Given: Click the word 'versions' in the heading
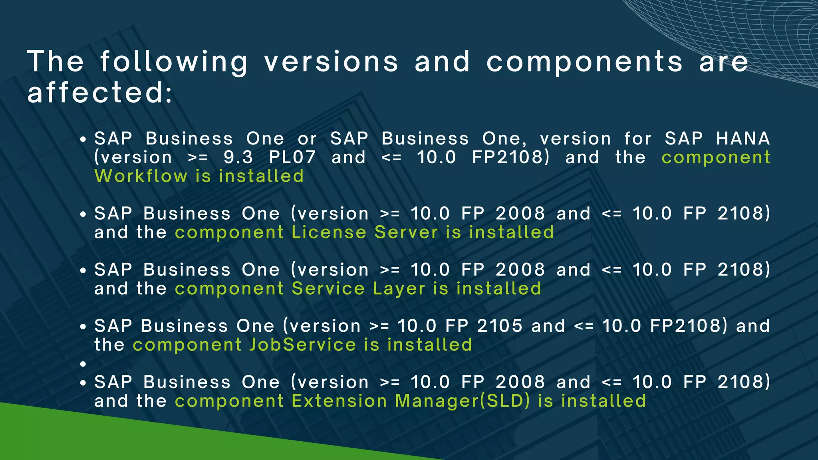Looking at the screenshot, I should pyautogui.click(x=331, y=62).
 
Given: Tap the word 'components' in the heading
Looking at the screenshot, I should pyautogui.click(x=584, y=63).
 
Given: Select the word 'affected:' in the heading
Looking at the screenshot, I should pyautogui.click(x=100, y=93).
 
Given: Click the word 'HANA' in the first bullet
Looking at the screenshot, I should pyautogui.click(x=743, y=139).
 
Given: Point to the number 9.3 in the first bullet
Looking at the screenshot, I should pyautogui.click(x=238, y=157).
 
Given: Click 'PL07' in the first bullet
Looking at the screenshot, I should pyautogui.click(x=292, y=157).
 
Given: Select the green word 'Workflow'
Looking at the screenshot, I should pyautogui.click(x=141, y=176).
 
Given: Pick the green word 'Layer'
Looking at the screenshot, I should pyautogui.click(x=399, y=289).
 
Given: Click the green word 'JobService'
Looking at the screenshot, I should pyautogui.click(x=302, y=345).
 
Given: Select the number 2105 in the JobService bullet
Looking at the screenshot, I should pyautogui.click(x=500, y=326).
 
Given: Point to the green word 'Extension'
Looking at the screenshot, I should pyautogui.click(x=339, y=401).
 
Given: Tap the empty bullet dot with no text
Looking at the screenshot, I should pyautogui.click(x=83, y=364).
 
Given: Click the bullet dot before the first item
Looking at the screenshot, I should pyautogui.click(x=83, y=140).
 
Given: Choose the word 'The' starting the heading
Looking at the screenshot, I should pyautogui.click(x=56, y=62).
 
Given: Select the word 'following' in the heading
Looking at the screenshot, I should pyautogui.click(x=174, y=63).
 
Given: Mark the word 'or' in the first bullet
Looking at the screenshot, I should pyautogui.click(x=307, y=139).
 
